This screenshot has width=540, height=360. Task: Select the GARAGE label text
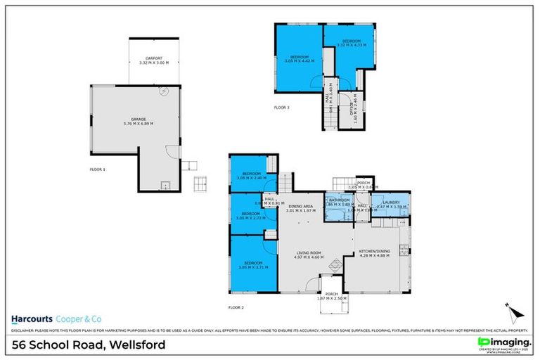[x=138, y=121]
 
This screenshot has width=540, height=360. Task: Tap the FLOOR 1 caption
[x=97, y=169]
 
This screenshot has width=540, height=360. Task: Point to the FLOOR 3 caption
[x=281, y=108]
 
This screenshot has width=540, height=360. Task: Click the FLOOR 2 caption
[x=236, y=307]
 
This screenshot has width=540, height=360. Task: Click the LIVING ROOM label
[x=308, y=255]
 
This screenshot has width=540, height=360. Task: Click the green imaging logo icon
[x=483, y=342]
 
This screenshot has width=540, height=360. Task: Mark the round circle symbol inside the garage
[x=164, y=91]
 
